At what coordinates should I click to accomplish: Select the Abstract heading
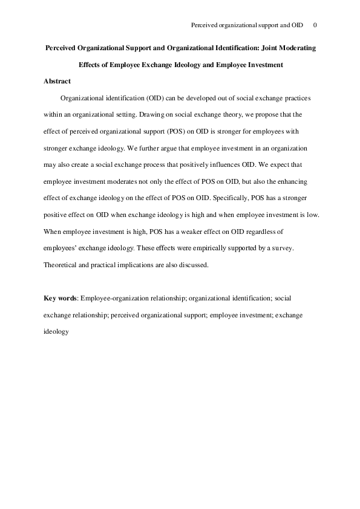[57, 81]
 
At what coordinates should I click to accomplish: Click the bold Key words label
[60, 298]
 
